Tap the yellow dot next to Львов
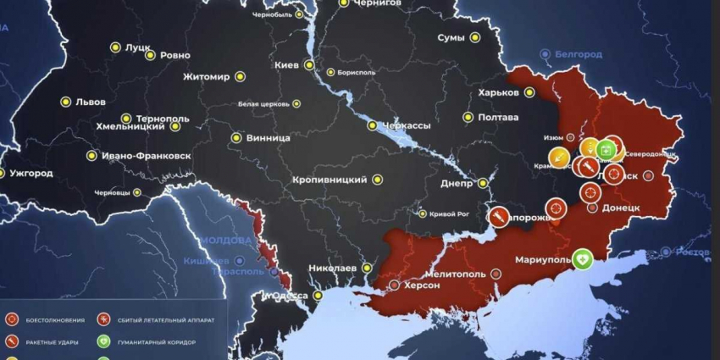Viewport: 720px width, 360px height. (65, 102)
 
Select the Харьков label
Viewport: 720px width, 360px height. (498, 92)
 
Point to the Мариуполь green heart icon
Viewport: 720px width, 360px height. (582, 259)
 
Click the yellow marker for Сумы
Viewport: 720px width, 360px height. (475, 38)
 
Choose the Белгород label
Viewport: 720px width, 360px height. (579, 54)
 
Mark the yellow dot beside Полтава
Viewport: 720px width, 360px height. (468, 118)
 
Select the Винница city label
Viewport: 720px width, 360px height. (269, 137)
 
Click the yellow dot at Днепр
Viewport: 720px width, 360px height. (483, 182)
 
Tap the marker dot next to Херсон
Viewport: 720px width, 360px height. (392, 285)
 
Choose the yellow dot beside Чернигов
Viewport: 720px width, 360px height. (343, 3)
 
